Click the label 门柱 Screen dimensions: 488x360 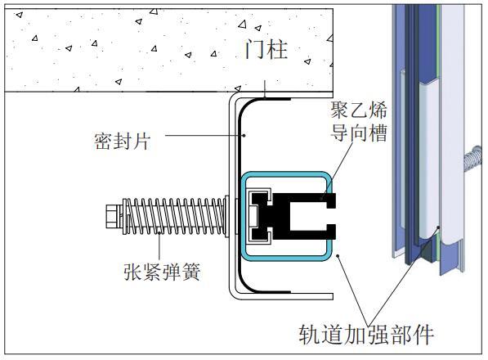[x=266, y=49]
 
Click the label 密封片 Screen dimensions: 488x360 [x=122, y=141]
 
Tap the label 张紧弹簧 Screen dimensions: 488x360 [x=162, y=272]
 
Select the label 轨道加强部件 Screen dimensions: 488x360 [x=366, y=335]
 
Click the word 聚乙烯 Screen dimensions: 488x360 [x=359, y=110]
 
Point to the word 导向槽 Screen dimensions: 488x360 [x=359, y=133]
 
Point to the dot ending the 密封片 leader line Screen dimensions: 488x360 [x=244, y=136]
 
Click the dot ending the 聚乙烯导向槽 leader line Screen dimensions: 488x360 [x=322, y=197]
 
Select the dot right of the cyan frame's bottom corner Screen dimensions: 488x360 [x=338, y=256]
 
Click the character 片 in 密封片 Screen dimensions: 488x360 [x=141, y=141]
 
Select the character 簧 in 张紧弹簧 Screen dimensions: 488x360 [x=190, y=272]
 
